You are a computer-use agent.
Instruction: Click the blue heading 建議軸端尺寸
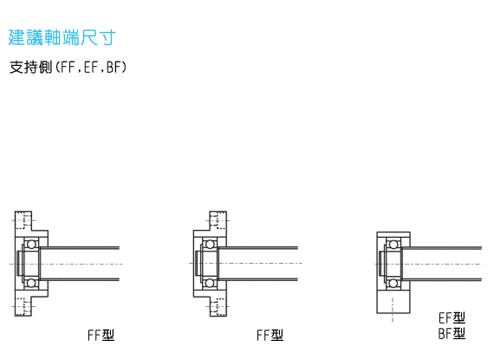pyautogui.click(x=62, y=37)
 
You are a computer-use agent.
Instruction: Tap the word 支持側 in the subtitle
pyautogui.click(x=30, y=67)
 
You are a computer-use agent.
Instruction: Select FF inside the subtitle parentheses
pyautogui.click(x=67, y=67)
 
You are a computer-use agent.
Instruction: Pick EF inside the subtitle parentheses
pyautogui.click(x=91, y=67)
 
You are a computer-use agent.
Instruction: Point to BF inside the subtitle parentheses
pyautogui.click(x=114, y=67)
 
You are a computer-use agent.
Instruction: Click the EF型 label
pyautogui.click(x=452, y=317)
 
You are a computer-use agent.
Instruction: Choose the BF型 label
pyautogui.click(x=452, y=333)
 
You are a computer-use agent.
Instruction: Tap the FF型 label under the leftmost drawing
pyautogui.click(x=101, y=335)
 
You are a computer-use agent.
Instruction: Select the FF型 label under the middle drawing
pyautogui.click(x=270, y=335)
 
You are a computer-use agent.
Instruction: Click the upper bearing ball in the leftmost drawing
pyautogui.click(x=31, y=245)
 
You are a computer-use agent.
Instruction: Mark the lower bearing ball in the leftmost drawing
pyautogui.click(x=31, y=283)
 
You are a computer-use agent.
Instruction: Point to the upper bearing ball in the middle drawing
pyautogui.click(x=210, y=245)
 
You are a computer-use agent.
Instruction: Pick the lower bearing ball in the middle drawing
pyautogui.click(x=210, y=283)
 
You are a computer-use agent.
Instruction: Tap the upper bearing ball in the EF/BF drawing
pyautogui.click(x=393, y=245)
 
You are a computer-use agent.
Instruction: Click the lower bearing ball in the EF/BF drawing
pyautogui.click(x=393, y=283)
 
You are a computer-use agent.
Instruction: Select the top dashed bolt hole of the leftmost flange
pyautogui.click(x=23, y=220)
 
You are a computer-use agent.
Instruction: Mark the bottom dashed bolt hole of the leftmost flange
pyautogui.click(x=23, y=306)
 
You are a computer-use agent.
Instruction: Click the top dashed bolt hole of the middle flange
pyautogui.click(x=218, y=220)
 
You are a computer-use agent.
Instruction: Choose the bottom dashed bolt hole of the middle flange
pyautogui.click(x=218, y=306)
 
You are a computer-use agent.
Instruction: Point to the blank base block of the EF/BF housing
pyautogui.click(x=393, y=301)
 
